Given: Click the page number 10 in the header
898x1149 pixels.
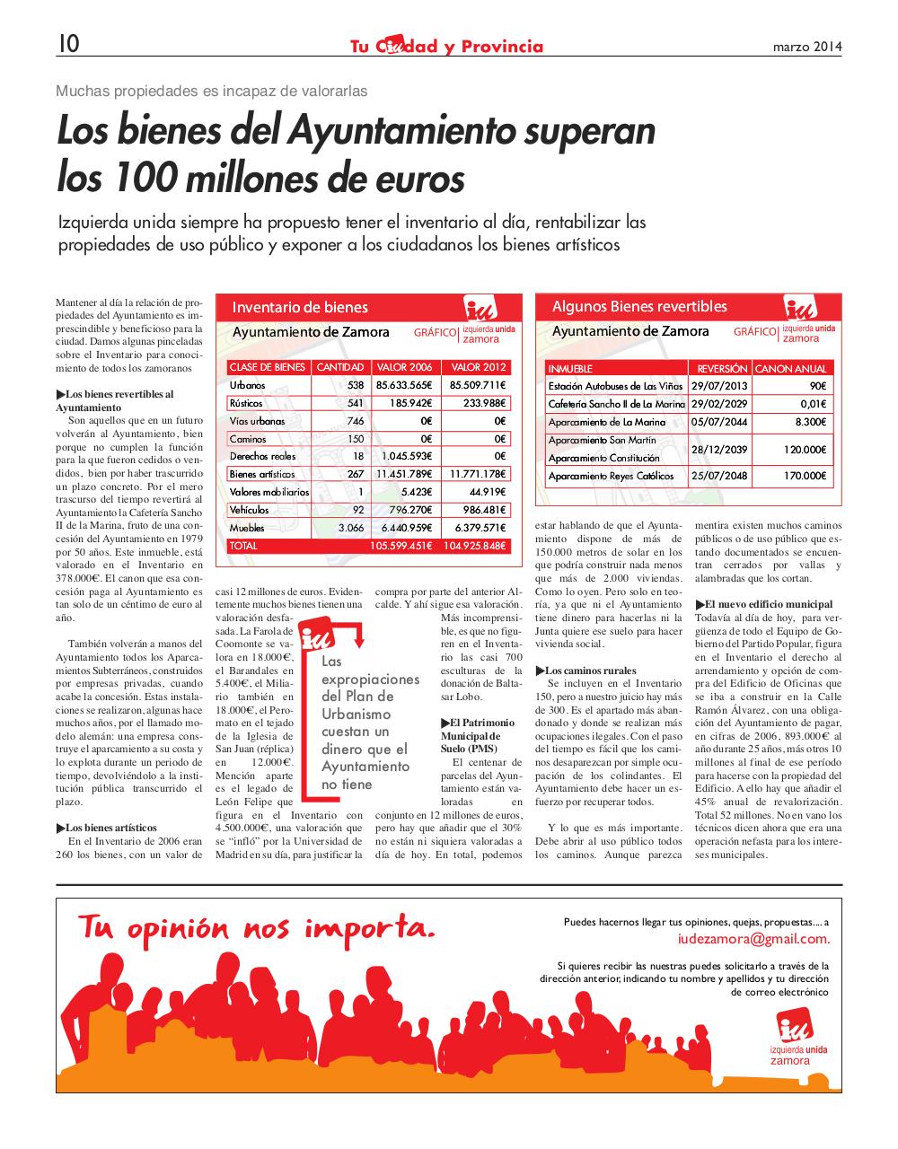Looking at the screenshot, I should coord(68,44).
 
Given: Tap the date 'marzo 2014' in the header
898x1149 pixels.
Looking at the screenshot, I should coord(807,47).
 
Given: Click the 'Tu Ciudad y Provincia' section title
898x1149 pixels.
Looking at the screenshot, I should coord(446,46).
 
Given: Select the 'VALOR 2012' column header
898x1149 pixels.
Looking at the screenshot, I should coord(478,367).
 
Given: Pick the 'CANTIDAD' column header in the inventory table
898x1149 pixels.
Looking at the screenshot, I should coord(340,367).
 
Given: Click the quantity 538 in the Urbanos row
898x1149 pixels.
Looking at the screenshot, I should coord(356,385).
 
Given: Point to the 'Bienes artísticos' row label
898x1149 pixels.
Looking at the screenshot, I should coord(261,474).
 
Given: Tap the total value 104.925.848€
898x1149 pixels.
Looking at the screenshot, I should coord(474,546).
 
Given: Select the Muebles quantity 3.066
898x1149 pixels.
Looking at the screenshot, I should coord(350,528).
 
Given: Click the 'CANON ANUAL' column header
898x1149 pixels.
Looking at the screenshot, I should coord(790,369).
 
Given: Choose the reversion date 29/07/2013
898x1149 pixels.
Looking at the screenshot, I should coord(719,386).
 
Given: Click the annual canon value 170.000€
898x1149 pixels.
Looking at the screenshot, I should coord(806,476).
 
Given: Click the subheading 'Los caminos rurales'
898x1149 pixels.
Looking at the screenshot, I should coord(590,671).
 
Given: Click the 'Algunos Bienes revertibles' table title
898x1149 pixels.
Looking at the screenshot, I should coord(639,307).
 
